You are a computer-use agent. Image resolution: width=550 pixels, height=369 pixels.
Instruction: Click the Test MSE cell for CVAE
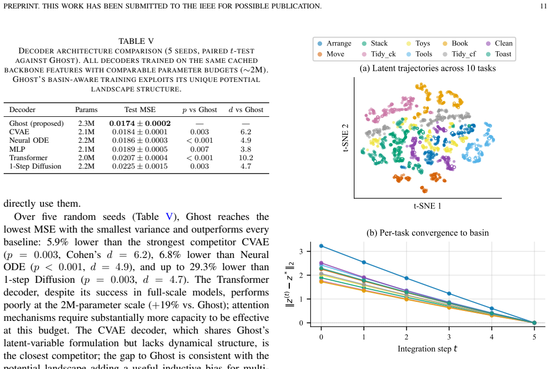point(140,132)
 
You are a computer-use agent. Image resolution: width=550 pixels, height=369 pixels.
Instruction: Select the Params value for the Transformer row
point(86,158)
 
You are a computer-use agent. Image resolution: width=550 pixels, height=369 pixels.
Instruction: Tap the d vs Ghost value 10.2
point(245,158)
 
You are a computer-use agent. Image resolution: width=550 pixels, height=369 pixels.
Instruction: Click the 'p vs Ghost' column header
point(199,110)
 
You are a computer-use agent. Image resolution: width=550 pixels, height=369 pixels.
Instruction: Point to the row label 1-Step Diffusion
point(35,166)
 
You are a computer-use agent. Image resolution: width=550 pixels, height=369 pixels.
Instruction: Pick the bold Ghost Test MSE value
point(140,124)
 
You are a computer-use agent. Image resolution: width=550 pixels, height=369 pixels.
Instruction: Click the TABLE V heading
point(136,41)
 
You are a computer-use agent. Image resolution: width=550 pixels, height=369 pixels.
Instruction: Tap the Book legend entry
point(455,43)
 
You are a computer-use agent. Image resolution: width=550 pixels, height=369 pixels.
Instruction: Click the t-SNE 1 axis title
point(427,206)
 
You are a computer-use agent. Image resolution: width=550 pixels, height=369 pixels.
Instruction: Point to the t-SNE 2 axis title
point(345,137)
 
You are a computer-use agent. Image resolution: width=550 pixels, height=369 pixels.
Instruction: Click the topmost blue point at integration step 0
point(322,246)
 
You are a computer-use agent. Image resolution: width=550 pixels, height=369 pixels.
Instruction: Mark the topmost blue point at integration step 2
point(407,278)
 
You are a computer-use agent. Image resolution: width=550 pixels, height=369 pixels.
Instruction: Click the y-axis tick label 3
point(301,252)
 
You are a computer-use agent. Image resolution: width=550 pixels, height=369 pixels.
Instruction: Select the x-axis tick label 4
point(492,337)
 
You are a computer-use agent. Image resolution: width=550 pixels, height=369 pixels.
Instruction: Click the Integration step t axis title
point(427,349)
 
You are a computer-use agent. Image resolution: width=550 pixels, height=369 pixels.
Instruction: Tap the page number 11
point(543,6)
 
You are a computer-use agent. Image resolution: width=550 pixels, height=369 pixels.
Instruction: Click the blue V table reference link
point(169,217)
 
